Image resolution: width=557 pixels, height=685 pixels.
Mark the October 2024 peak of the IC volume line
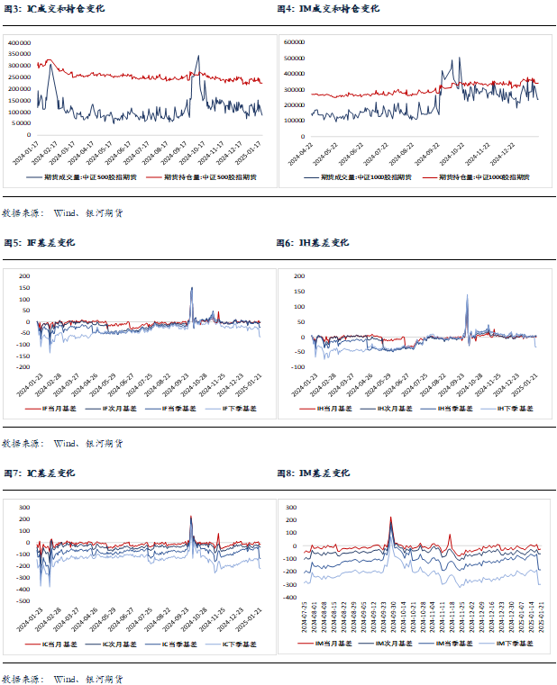198,56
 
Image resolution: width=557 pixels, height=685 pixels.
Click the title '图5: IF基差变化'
40,243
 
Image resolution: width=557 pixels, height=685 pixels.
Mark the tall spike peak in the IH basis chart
467,294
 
